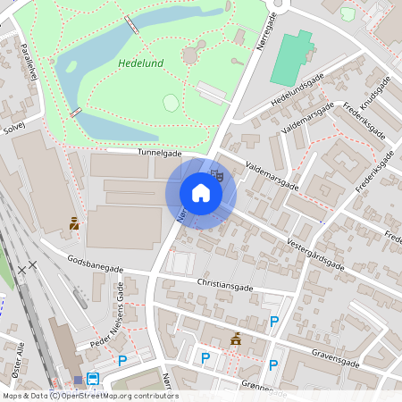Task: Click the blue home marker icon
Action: point(201,193)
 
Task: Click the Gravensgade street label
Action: point(335,357)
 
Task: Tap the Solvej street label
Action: point(14,128)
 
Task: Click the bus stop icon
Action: point(92,380)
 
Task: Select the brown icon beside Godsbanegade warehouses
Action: point(74,224)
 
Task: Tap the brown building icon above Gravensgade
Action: point(236,338)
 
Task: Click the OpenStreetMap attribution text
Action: point(89,396)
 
